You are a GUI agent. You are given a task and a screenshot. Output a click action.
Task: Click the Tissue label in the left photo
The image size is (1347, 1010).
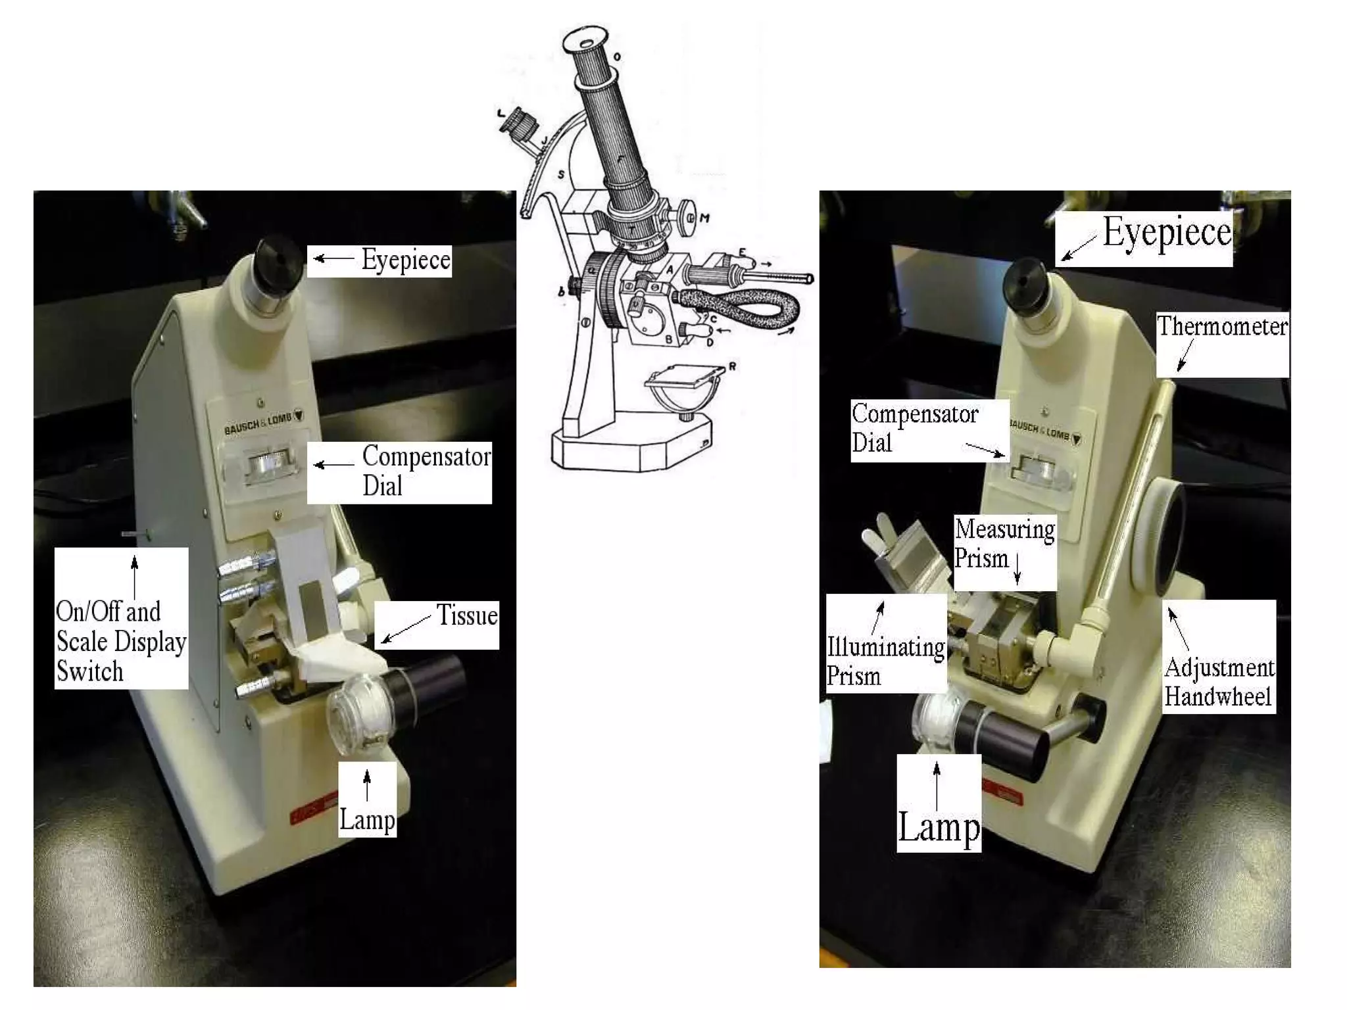tap(467, 616)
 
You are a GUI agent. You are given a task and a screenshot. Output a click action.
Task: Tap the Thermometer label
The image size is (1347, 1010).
tap(1222, 326)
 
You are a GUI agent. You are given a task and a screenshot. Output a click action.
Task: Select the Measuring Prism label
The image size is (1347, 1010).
tap(1004, 543)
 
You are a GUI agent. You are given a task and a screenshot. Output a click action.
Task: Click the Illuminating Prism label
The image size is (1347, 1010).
tap(885, 661)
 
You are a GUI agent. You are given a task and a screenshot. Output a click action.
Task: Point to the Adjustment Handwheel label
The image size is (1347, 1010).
tap(1219, 682)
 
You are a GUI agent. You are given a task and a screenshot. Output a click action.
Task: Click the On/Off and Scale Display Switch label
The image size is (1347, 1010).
tap(121, 641)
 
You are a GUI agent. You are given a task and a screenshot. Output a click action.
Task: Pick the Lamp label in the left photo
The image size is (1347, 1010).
tap(367, 820)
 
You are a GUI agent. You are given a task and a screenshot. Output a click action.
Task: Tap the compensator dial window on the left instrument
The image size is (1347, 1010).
tap(271, 464)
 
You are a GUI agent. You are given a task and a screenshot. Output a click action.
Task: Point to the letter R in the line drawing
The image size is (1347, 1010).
tap(732, 367)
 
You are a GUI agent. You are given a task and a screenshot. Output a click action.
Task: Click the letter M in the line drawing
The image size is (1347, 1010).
tap(704, 218)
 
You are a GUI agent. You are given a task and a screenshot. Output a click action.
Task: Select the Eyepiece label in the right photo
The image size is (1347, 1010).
tap(1166, 232)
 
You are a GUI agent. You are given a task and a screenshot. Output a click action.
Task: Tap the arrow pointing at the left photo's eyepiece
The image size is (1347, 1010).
tap(333, 258)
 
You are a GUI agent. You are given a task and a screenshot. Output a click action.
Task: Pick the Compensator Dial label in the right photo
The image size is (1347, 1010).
tap(914, 428)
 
